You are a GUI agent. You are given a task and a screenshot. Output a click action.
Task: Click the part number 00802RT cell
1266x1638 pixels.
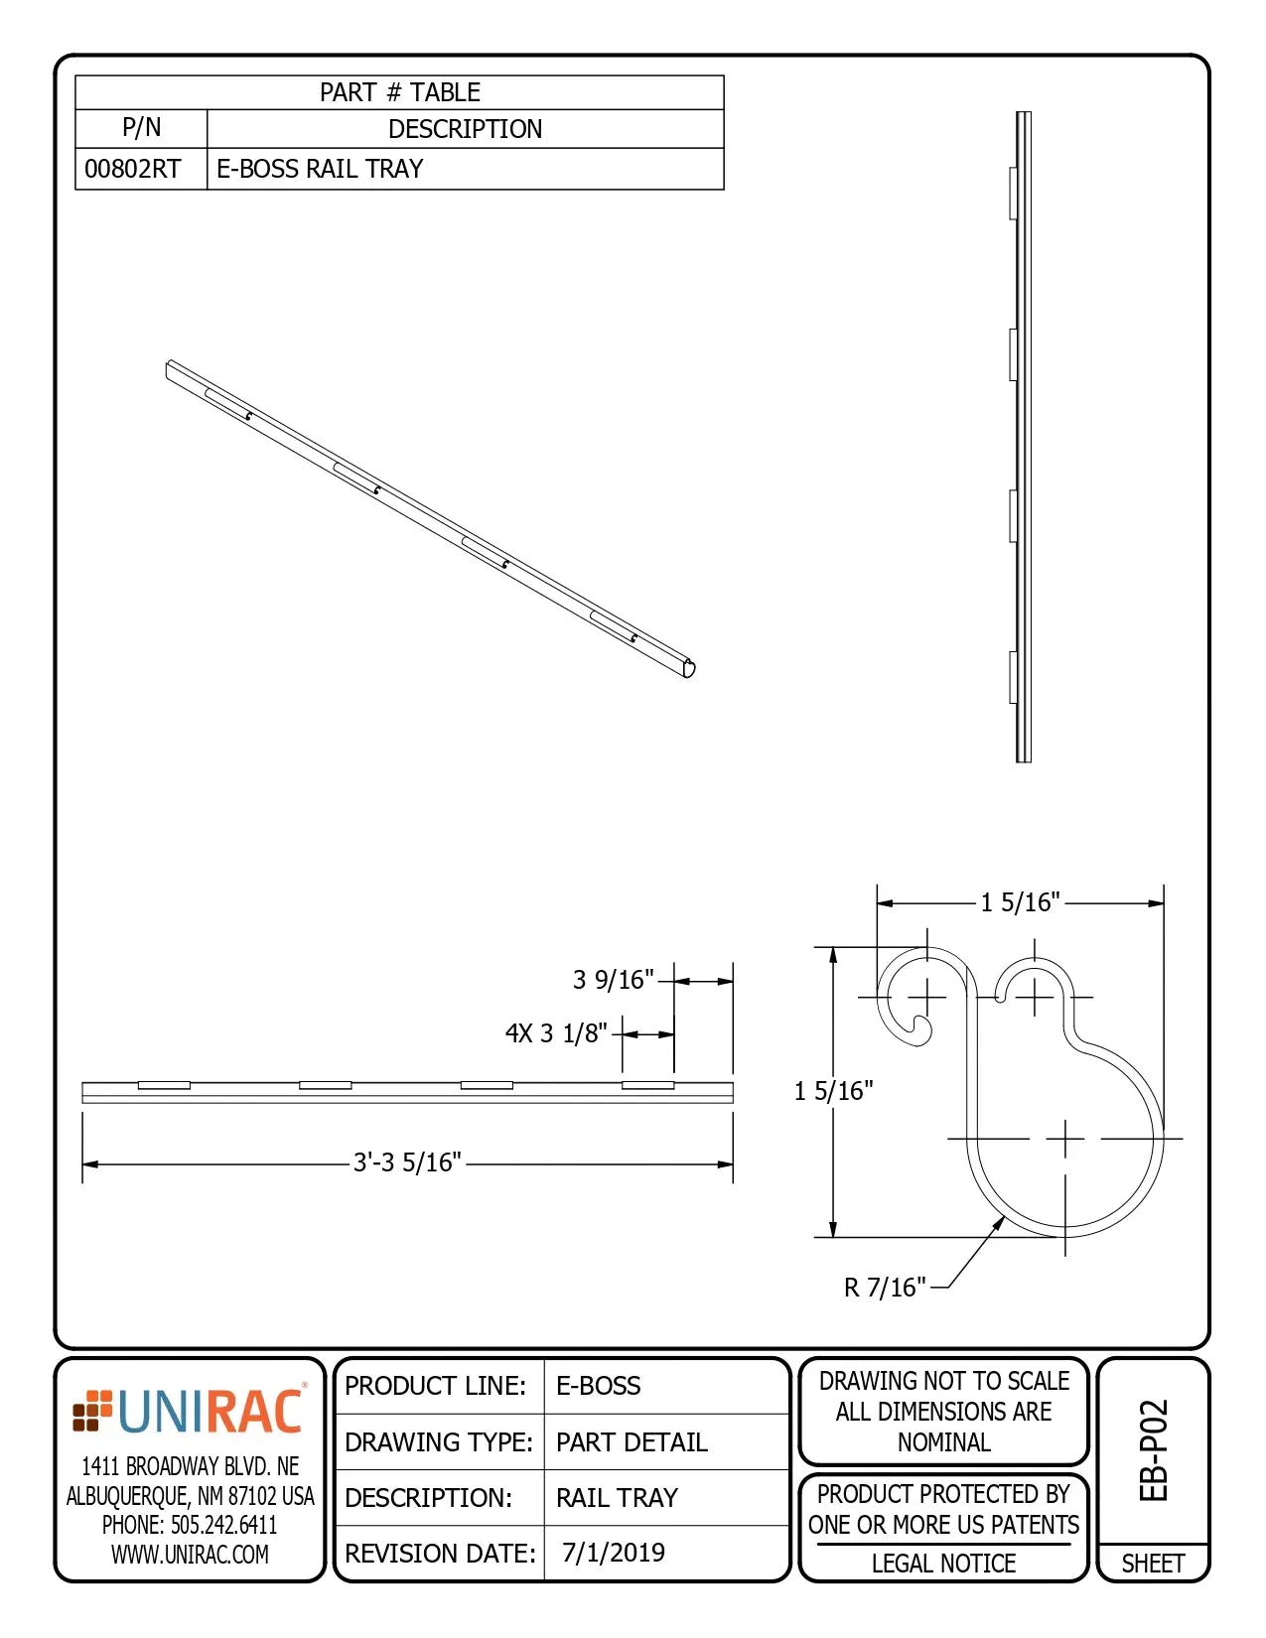(x=133, y=169)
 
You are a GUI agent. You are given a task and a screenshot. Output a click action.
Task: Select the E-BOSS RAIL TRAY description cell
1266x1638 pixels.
(x=320, y=169)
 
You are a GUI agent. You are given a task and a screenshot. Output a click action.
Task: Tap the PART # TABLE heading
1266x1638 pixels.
(x=399, y=92)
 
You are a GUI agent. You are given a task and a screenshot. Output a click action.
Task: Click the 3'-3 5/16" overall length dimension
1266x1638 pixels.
(x=407, y=1162)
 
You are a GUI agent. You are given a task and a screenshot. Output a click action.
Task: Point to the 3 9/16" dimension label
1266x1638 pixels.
(x=613, y=980)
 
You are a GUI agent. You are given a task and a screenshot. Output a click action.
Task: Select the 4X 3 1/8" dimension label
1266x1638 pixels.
(x=556, y=1033)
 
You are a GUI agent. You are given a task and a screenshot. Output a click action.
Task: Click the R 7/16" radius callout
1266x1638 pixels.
(x=884, y=1288)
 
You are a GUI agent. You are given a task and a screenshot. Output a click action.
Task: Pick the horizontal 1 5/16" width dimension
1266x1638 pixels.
(x=1020, y=902)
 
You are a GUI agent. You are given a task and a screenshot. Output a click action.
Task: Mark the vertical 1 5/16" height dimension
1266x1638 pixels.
(x=833, y=1091)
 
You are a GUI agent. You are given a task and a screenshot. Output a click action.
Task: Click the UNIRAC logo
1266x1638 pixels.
(x=190, y=1412)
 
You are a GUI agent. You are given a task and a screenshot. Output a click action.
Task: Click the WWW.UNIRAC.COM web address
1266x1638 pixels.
(x=190, y=1555)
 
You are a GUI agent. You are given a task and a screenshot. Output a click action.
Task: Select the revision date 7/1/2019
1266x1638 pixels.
(x=614, y=1553)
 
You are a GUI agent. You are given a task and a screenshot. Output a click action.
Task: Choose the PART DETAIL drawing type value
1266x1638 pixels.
(x=632, y=1442)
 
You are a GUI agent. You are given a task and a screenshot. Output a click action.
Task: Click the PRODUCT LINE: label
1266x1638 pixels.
(x=435, y=1386)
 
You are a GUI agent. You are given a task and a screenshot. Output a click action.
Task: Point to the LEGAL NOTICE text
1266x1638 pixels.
(x=943, y=1564)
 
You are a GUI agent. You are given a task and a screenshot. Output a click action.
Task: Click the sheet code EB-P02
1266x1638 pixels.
(x=1154, y=1450)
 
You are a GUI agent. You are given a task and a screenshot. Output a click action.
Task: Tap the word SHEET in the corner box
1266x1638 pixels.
(x=1153, y=1564)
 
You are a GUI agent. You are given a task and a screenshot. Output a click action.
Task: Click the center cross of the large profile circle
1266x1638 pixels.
(x=1065, y=1139)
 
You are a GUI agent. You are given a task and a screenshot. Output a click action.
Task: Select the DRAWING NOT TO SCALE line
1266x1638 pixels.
(x=943, y=1381)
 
